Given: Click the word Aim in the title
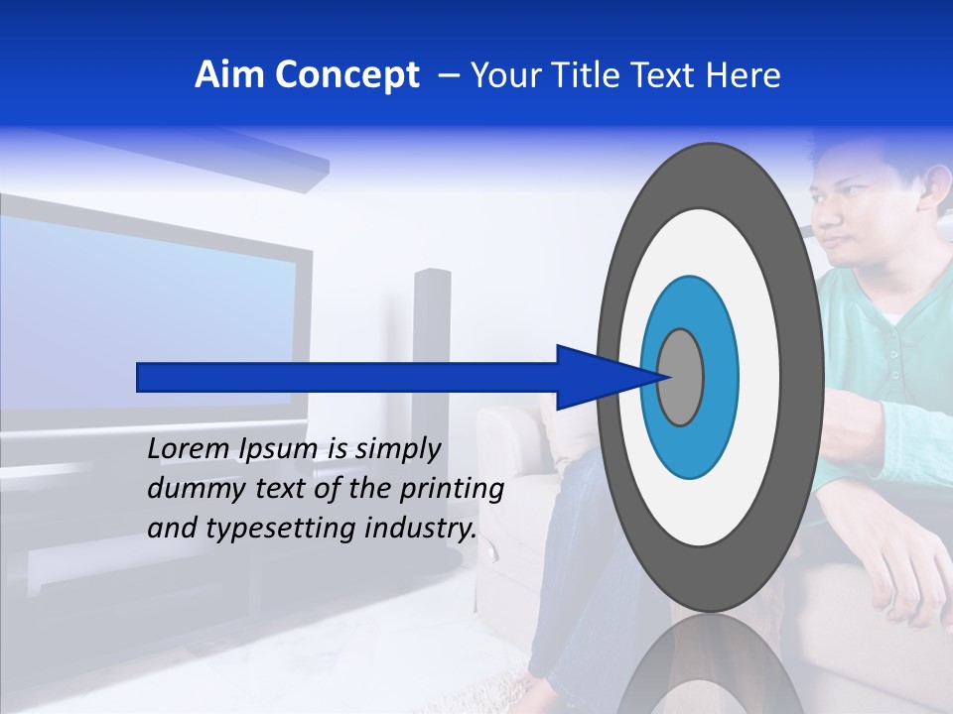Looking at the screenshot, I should coord(230,75).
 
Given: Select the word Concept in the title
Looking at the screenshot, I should coord(346,75).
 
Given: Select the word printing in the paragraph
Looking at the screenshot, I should coord(453,489).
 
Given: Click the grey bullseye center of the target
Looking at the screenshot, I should coord(681,377).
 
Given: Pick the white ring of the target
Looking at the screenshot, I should coord(764,377).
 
